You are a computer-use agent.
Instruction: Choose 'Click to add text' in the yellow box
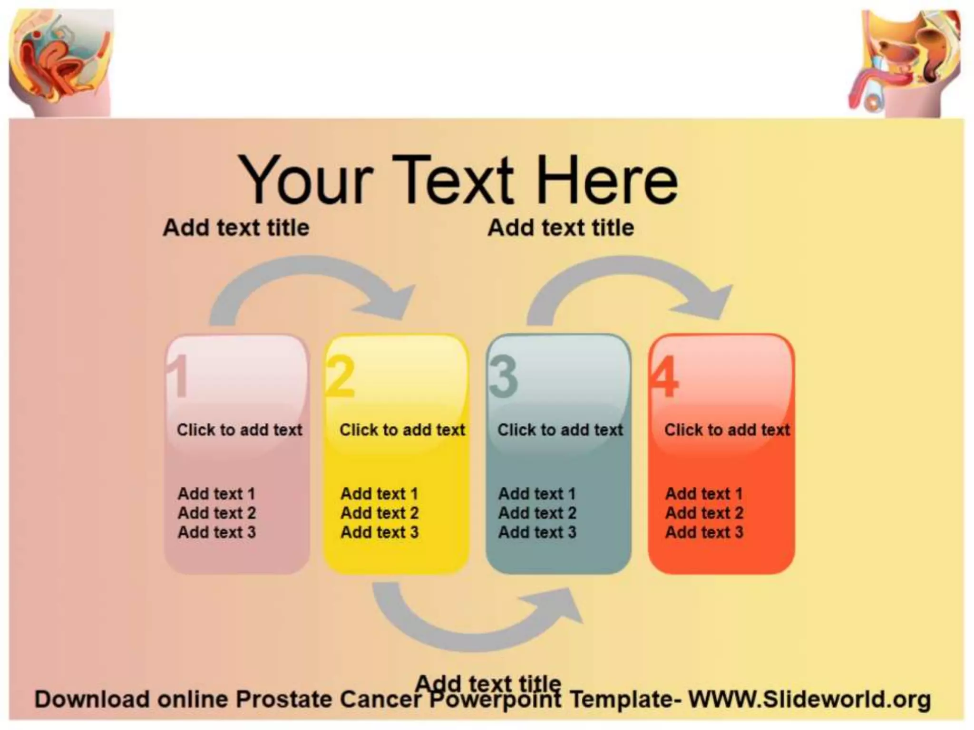[402, 430]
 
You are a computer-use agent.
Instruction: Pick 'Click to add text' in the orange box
[727, 430]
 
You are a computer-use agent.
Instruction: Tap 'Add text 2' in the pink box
[217, 513]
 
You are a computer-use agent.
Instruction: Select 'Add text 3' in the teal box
[537, 532]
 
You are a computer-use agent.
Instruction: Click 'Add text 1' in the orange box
[704, 494]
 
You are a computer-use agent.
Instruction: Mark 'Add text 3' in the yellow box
[380, 532]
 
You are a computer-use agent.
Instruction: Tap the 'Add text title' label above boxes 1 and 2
[236, 228]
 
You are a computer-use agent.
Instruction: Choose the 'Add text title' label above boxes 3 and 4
[561, 228]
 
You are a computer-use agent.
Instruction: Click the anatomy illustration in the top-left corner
[61, 62]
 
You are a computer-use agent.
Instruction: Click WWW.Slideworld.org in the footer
[809, 699]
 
